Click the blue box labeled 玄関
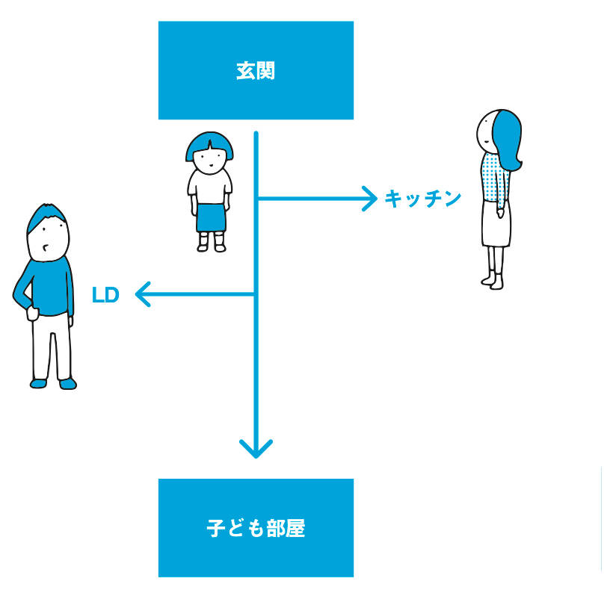pyautogui.click(x=256, y=70)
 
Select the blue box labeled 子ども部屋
pyautogui.click(x=256, y=528)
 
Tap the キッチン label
pyautogui.click(x=422, y=199)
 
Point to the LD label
pyautogui.click(x=105, y=295)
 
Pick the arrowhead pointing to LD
pyautogui.click(x=143, y=295)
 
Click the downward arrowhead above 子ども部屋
pyautogui.click(x=256, y=449)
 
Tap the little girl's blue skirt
pyautogui.click(x=210, y=217)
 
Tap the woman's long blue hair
pyautogui.click(x=508, y=138)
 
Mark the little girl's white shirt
pyautogui.click(x=210, y=184)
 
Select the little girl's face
pyautogui.click(x=210, y=158)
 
